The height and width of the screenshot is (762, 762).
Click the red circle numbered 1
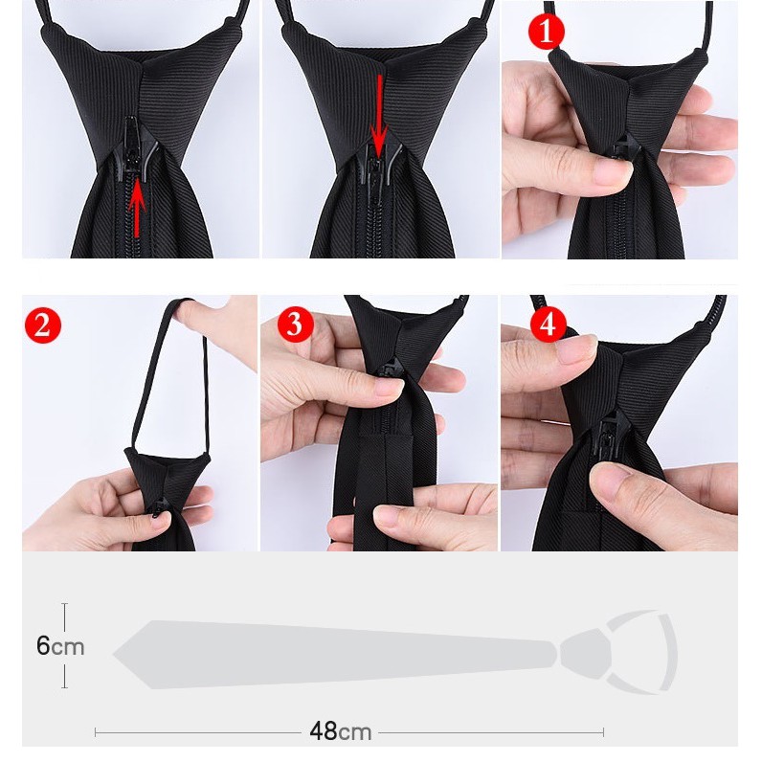point(547,32)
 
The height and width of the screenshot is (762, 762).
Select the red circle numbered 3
point(295,324)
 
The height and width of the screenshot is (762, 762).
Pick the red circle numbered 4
point(548,324)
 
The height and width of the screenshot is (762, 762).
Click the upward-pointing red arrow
point(138,208)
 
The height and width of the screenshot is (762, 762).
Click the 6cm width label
point(60,646)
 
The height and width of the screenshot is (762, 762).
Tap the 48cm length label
point(341,730)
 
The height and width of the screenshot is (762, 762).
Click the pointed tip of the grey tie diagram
point(114,655)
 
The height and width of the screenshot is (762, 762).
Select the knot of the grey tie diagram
point(585,654)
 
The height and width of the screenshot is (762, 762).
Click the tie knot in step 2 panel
point(167,477)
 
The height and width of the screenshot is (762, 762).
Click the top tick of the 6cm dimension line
point(65,604)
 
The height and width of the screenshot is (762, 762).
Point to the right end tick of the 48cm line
point(603,732)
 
